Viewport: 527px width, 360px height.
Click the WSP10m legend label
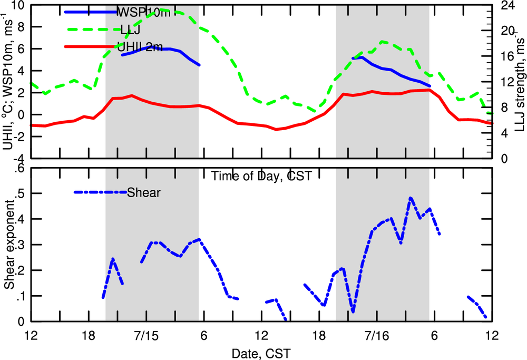(x=138, y=12)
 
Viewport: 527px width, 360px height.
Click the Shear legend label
(x=144, y=193)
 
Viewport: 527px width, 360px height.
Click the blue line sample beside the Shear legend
(x=100, y=192)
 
